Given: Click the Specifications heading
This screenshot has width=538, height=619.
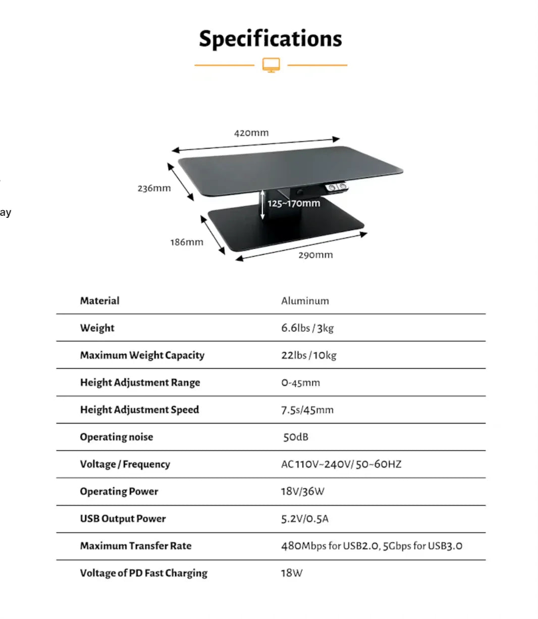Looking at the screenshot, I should [271, 39].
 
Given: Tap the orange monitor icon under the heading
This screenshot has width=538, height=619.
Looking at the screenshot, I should [271, 65].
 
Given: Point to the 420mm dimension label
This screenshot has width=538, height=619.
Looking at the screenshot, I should [251, 133].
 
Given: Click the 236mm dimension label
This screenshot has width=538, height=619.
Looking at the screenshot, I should [154, 188].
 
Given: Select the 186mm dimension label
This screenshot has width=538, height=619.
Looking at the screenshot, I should [187, 242].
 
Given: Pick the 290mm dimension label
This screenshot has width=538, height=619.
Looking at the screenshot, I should [315, 255].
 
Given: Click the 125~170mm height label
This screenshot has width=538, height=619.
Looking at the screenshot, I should [294, 203].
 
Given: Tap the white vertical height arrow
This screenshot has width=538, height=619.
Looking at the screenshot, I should [262, 204].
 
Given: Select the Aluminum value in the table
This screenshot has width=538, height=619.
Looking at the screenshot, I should [305, 301].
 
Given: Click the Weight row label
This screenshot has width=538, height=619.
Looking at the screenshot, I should [97, 328].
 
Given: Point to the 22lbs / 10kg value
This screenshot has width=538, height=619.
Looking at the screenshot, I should [308, 355].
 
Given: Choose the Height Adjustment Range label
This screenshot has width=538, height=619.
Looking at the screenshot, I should [140, 383].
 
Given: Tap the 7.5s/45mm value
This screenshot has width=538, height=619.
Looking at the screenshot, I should [307, 410].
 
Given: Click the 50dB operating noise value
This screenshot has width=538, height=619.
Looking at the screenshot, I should [296, 437].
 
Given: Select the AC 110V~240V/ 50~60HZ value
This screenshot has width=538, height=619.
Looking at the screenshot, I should [341, 464].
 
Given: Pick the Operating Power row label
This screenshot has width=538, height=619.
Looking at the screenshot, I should [119, 492].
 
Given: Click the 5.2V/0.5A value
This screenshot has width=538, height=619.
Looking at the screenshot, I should [305, 519].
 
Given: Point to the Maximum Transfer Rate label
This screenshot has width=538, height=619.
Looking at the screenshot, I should [136, 546].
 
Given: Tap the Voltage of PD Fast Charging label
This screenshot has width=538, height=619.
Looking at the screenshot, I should [144, 574].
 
